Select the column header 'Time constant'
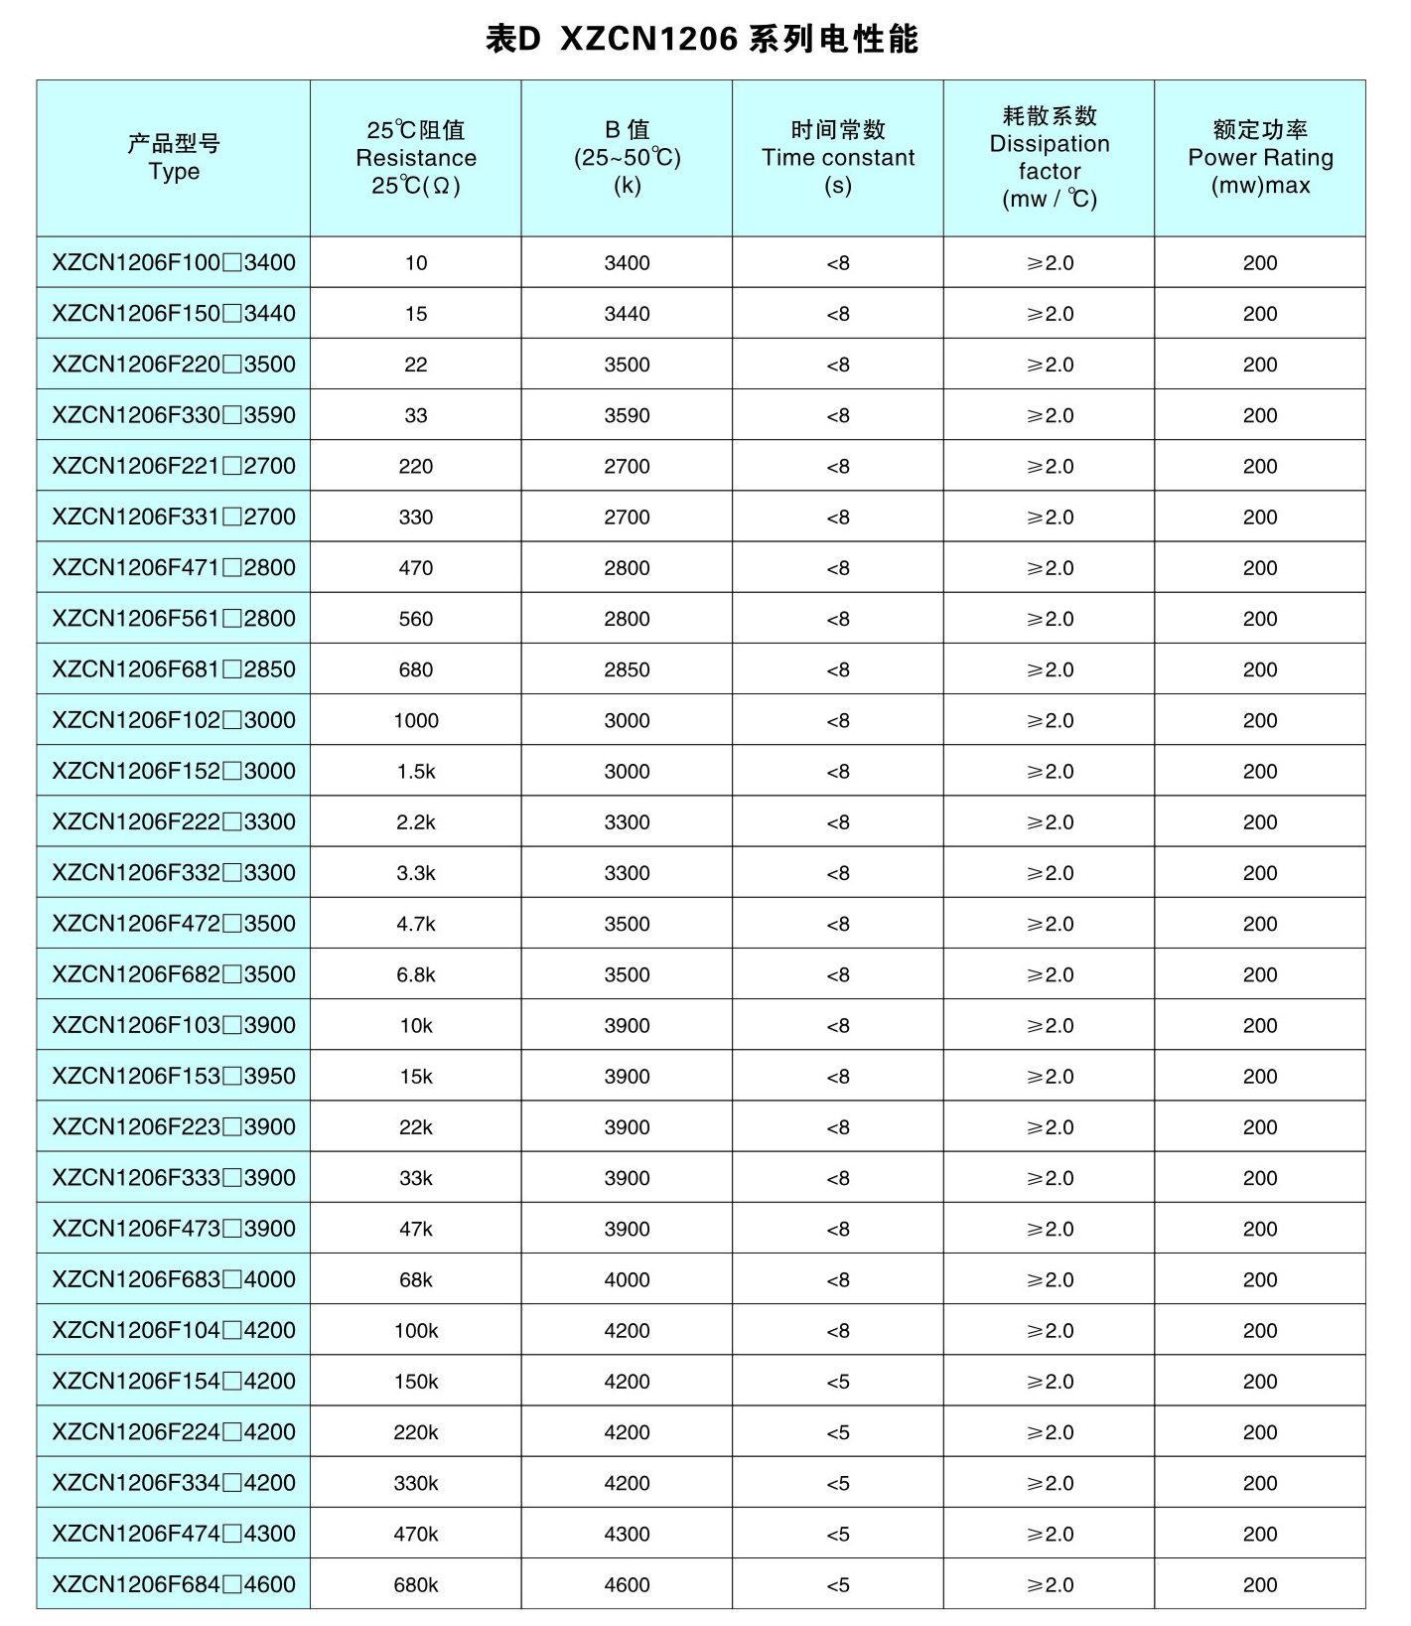838,157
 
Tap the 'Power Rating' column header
1260,157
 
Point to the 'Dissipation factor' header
1049,157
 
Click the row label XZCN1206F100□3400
174,262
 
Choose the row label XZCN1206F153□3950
174,1076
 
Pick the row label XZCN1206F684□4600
174,1584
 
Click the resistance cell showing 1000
416,720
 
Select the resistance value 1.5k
416,771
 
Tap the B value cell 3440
627,314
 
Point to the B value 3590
627,415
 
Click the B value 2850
627,669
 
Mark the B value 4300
627,1534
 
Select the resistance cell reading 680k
416,1584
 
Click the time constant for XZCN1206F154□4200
838,1381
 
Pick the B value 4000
627,1279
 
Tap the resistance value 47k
416,1229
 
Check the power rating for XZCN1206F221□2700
1260,466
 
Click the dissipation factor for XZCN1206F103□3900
1050,1025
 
